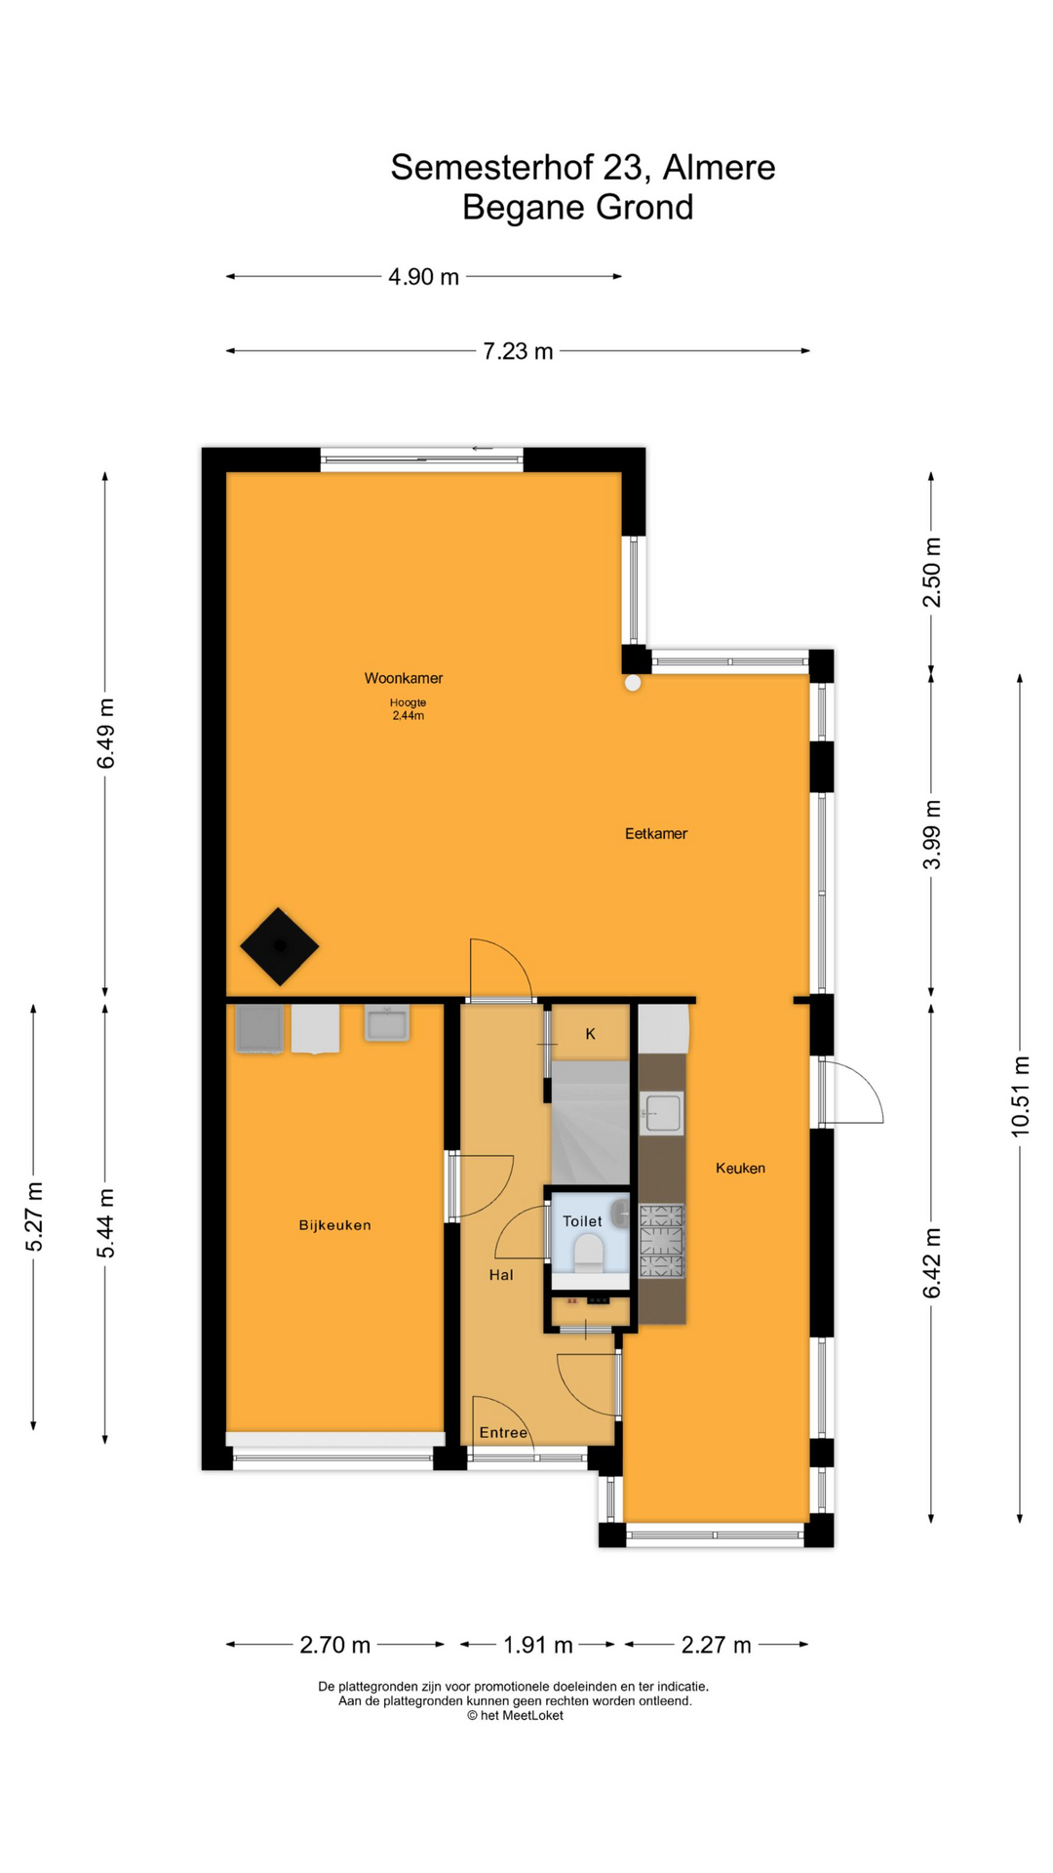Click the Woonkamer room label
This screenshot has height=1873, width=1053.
coord(404,678)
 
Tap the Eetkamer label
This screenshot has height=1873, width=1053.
coord(656,833)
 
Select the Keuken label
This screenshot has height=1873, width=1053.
coord(740,1168)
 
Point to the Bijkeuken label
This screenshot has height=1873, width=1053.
coord(334,1225)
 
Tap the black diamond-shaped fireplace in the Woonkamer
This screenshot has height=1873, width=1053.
coord(280,946)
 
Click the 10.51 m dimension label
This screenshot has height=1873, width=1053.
coord(1020,1096)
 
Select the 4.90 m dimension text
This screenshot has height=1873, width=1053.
coord(423,277)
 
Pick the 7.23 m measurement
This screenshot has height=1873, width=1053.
coord(518,351)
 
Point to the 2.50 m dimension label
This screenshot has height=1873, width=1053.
coord(932,573)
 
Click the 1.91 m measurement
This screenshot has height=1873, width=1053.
coord(537,1645)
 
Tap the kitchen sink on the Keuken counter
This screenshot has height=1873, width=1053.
coord(662,1113)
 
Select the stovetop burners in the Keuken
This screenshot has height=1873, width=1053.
coord(662,1241)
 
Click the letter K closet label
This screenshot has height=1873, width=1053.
coord(590,1034)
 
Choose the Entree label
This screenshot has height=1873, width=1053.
coord(503,1432)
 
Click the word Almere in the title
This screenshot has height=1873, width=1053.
coord(720,168)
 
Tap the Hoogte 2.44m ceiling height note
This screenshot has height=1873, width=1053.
coord(408,709)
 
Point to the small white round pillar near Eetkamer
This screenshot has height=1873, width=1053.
coord(633,684)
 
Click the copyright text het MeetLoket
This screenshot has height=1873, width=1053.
coord(515,1716)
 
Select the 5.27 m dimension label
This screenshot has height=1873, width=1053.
coord(34,1216)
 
